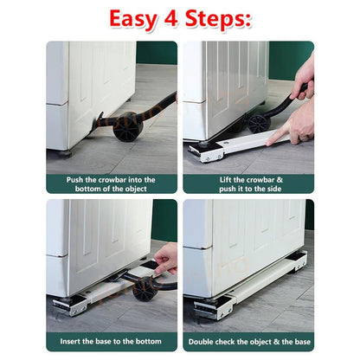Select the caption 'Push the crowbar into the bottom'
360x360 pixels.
tap(112, 184)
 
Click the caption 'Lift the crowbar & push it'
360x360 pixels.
tap(248, 184)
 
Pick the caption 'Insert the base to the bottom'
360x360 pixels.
tap(112, 342)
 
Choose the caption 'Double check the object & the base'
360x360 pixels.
tap(248, 342)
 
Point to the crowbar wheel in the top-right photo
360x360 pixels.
tap(259, 124)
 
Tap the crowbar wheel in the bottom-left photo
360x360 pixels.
tap(145, 289)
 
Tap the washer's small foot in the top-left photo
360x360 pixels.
tap(66, 153)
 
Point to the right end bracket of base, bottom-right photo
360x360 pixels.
tap(299, 261)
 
